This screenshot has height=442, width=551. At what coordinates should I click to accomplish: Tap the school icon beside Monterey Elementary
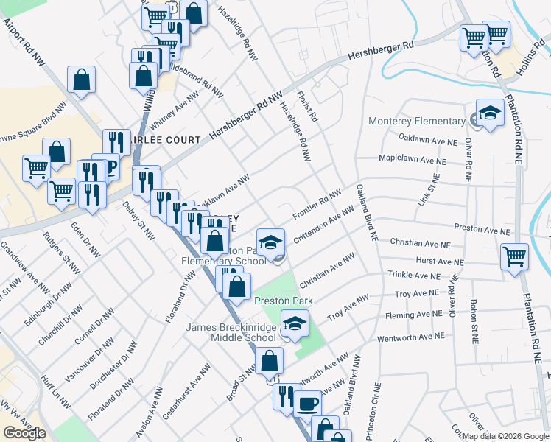coord(490,114)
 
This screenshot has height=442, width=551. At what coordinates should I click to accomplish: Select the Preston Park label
coord(284,301)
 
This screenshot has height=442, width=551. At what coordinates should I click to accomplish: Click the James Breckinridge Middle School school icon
coord(295,324)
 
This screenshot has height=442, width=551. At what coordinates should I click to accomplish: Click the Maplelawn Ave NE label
coord(412,159)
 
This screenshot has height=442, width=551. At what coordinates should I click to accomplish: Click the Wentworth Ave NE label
coord(411,336)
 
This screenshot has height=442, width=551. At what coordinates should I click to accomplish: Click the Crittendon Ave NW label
coord(324,226)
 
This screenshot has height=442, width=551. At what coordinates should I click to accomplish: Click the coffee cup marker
coord(306,404)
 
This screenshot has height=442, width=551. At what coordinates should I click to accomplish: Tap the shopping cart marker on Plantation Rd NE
coord(514,257)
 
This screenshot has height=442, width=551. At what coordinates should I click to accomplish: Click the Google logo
coord(24,433)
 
